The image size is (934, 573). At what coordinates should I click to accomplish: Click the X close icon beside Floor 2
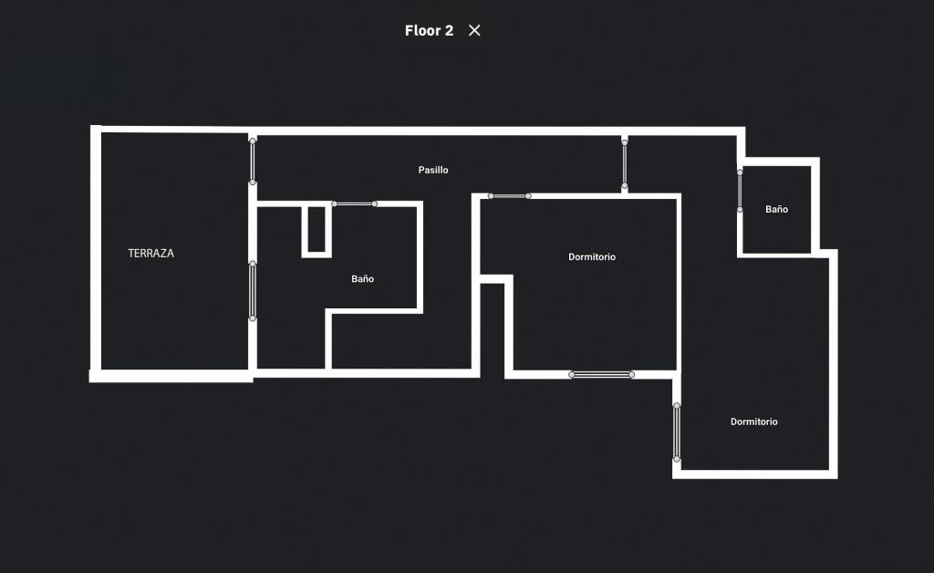point(474,30)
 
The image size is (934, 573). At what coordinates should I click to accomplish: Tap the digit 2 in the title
point(449,30)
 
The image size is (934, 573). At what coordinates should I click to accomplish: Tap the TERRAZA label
point(150,253)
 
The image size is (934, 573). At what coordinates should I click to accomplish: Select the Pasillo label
point(433,170)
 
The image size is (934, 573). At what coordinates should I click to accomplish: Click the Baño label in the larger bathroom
point(362,279)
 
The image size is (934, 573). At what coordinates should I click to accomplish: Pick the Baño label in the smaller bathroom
point(776,209)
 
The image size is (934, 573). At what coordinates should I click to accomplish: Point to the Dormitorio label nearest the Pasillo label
point(591,256)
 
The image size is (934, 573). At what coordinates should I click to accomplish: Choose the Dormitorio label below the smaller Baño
point(753,422)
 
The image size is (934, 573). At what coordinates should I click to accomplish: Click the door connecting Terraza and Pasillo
point(253,161)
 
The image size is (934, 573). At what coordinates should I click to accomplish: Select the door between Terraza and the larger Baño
point(253,291)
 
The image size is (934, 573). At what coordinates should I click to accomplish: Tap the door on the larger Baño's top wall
point(355,203)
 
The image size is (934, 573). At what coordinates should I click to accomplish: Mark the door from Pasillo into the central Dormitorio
point(509,196)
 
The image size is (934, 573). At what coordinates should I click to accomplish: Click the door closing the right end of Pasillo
point(624,164)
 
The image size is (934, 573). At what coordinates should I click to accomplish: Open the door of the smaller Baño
point(740,191)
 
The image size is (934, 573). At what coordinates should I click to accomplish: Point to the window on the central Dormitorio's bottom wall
point(602,375)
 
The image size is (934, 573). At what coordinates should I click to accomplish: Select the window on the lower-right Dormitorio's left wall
point(677,432)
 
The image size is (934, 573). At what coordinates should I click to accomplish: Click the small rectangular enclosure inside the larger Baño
point(317,231)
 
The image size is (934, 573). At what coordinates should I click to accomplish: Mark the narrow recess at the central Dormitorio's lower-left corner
point(492,329)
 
